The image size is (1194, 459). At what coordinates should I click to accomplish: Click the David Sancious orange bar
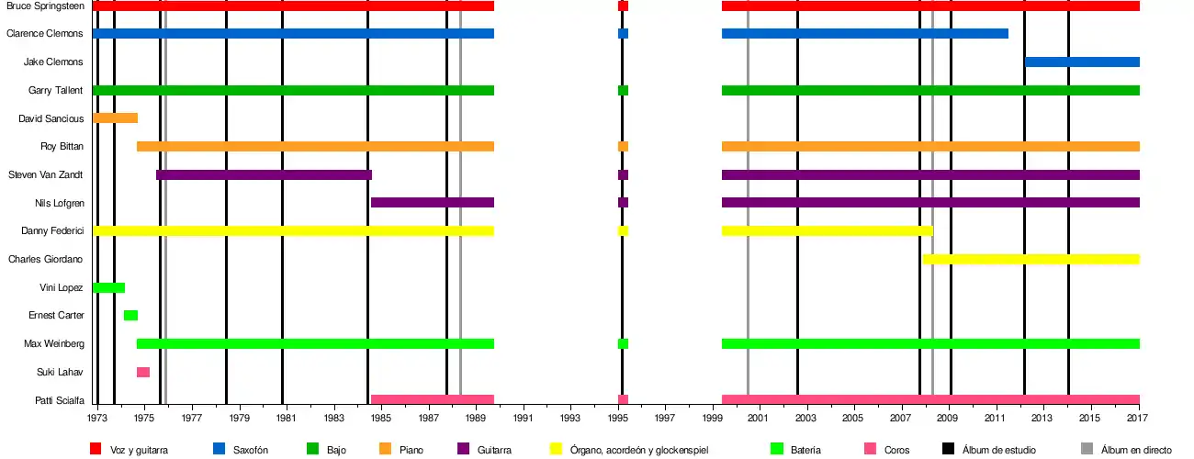click(115, 118)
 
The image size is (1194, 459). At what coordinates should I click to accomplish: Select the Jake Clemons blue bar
click(1082, 62)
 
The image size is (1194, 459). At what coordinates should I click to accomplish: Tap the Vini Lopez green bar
click(108, 288)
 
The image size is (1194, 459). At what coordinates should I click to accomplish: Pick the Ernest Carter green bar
click(130, 316)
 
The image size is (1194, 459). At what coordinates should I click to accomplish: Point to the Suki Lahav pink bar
click(143, 372)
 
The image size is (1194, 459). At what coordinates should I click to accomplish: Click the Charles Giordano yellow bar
click(1031, 260)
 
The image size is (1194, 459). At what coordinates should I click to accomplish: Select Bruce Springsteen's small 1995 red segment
click(623, 6)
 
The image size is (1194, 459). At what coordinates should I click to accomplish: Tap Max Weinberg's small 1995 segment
click(623, 344)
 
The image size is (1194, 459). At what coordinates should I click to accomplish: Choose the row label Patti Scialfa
click(61, 400)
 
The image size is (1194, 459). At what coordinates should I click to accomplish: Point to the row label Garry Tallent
click(56, 90)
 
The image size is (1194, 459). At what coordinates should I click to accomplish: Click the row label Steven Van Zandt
click(46, 174)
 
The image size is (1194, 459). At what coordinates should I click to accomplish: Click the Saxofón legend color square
click(219, 449)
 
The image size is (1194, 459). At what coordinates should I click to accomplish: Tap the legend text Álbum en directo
click(1136, 450)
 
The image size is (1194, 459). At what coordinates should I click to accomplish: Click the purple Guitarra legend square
click(463, 449)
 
